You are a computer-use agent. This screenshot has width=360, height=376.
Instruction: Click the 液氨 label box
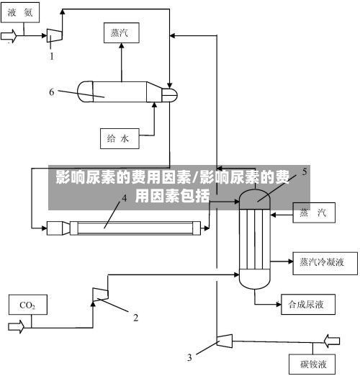[x=20, y=12]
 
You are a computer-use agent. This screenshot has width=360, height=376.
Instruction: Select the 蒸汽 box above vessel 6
[x=122, y=33]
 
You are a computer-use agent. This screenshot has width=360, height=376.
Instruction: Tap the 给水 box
[x=120, y=138]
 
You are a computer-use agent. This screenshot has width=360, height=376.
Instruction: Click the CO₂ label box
[x=28, y=305]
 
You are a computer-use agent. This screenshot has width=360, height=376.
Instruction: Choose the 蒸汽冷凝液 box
[x=325, y=264]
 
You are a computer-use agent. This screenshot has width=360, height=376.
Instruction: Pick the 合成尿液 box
[x=308, y=305]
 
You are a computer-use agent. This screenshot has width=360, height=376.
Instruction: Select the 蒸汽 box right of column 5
[x=314, y=212]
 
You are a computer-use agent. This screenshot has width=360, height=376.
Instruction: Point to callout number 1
[x=52, y=56]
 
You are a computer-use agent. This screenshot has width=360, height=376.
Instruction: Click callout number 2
[x=136, y=318]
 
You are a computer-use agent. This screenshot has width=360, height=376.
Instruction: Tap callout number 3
[x=189, y=357]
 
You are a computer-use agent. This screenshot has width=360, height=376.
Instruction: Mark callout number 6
[x=52, y=92]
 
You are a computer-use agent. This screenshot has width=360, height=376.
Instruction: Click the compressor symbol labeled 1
[x=55, y=35]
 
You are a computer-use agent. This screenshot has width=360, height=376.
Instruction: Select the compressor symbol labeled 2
[x=100, y=295]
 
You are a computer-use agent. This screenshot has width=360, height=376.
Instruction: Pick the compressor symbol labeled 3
[x=225, y=341]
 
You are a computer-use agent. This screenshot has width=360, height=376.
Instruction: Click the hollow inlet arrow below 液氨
[x=9, y=36]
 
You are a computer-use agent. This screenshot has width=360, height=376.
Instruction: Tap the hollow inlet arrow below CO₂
[x=16, y=326]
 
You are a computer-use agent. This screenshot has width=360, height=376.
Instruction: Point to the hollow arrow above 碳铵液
[x=332, y=341]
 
